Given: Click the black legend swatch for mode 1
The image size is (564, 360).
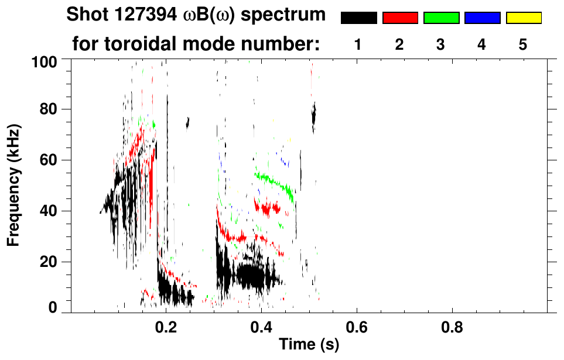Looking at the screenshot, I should [358, 18].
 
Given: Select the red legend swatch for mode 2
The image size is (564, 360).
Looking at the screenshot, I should [400, 18].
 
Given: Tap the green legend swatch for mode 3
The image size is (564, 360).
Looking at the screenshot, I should [441, 18].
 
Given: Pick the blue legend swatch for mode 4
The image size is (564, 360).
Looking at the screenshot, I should [482, 18].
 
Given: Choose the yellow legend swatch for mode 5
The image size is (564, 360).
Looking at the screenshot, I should [523, 18].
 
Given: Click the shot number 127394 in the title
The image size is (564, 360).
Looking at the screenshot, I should [131, 15].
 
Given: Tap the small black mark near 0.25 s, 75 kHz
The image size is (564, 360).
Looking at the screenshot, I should [188, 122].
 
